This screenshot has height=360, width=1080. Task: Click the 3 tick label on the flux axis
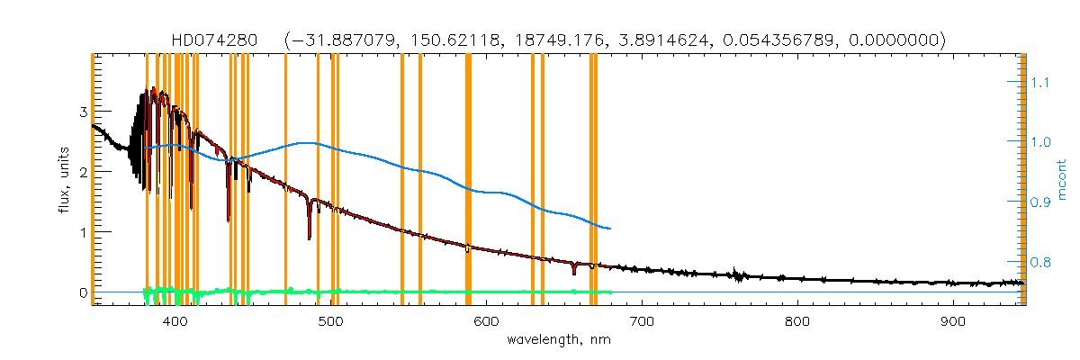82,112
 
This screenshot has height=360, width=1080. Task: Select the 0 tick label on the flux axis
82,292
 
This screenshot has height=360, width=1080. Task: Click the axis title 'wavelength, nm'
558,340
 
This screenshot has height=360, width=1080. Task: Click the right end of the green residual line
611,292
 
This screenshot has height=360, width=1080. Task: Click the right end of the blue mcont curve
611,229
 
